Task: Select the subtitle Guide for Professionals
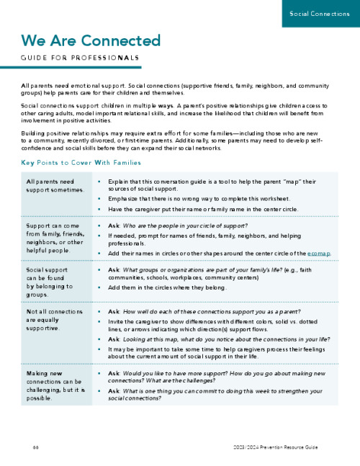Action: coord(80,58)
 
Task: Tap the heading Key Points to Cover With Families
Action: coord(90,163)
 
